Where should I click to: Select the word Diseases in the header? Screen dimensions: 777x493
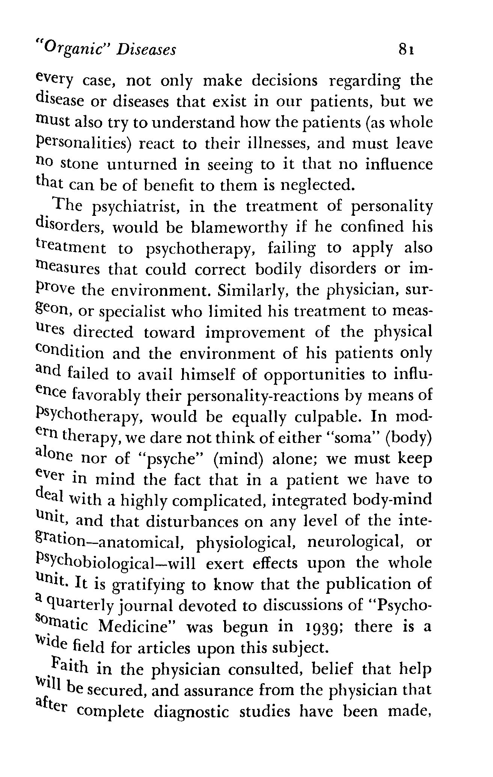146,49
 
